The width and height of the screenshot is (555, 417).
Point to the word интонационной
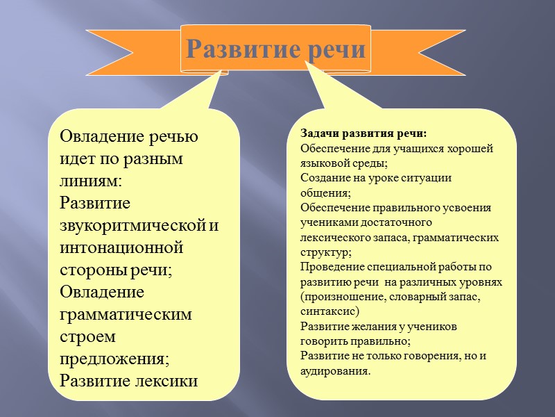(x=121, y=247)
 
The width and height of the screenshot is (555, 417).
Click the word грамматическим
(x=126, y=314)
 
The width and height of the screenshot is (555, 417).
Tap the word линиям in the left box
(x=91, y=181)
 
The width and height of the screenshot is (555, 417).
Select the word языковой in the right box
(x=323, y=163)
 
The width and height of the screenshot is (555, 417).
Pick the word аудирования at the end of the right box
(x=334, y=371)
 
